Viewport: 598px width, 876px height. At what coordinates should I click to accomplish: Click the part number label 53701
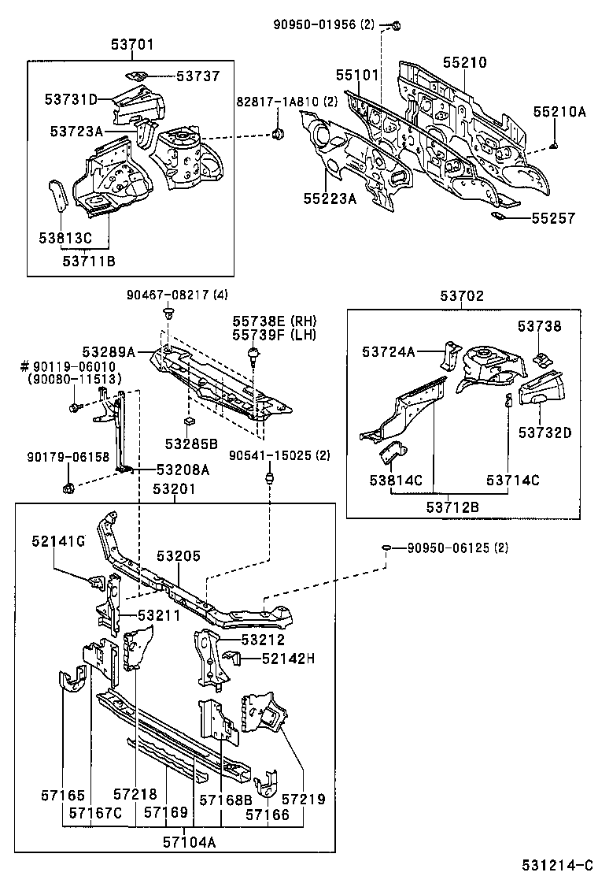coord(131,46)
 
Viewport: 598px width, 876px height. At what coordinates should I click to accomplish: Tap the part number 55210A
coord(559,113)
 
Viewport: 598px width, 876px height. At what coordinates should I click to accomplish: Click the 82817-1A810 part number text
coord(280,102)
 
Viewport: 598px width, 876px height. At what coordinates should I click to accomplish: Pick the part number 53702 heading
coord(462,296)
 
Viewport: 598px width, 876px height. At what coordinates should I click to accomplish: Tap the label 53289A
coord(109,351)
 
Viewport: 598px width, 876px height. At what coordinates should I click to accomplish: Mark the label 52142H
coord(288,659)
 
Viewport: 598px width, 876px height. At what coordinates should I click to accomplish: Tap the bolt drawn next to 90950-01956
coord(395,27)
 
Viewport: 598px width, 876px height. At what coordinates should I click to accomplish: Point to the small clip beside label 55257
coord(499,215)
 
